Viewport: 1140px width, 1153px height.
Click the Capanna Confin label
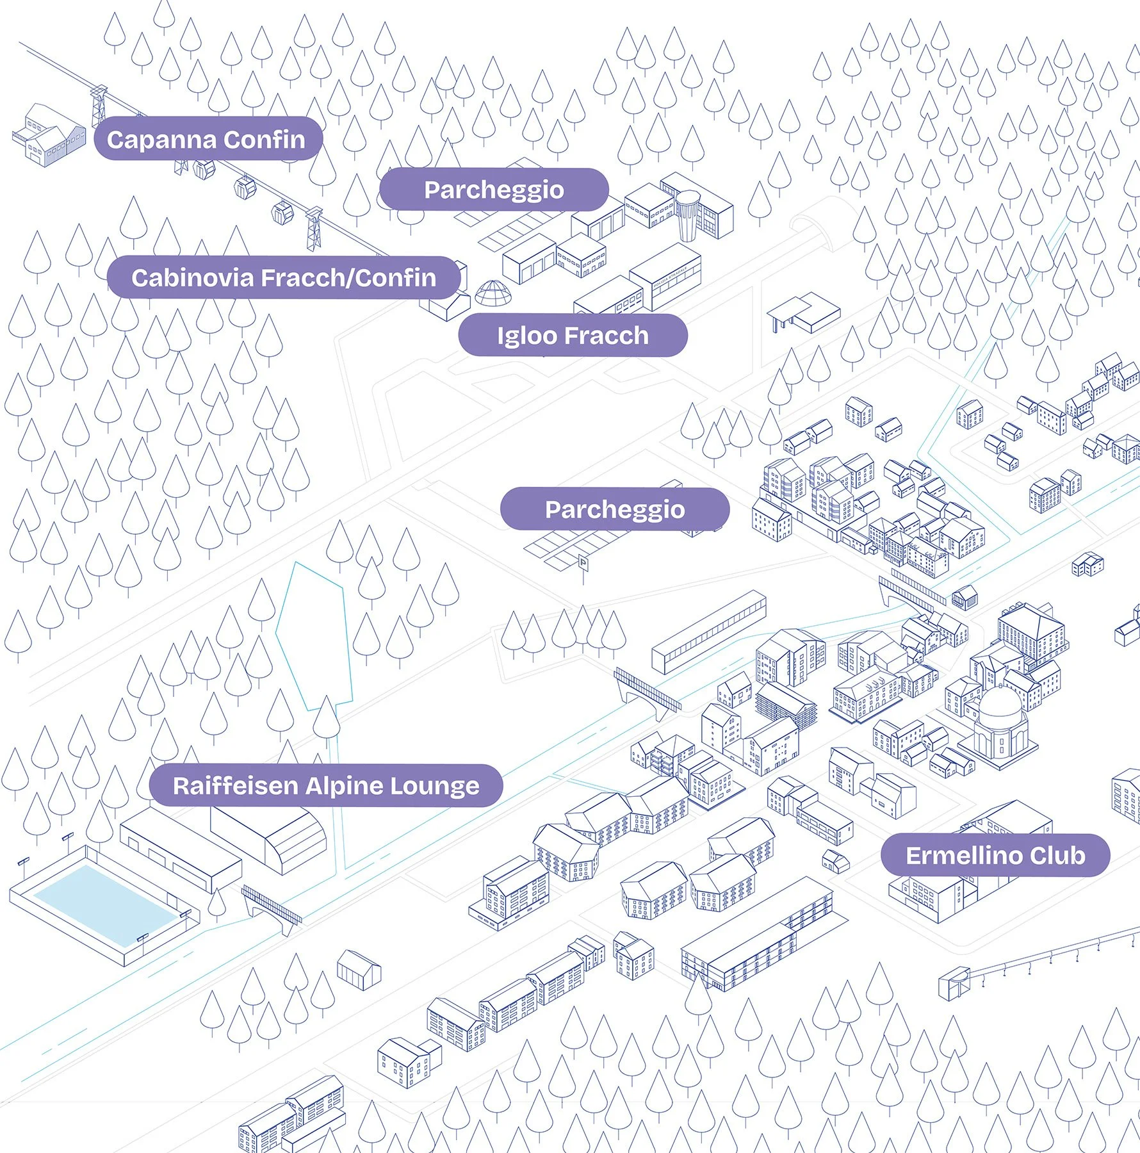coord(206,139)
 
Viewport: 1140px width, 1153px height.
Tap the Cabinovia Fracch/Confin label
coord(284,277)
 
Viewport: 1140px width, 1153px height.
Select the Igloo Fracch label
coord(573,335)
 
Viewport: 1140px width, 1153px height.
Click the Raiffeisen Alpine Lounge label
coord(326,785)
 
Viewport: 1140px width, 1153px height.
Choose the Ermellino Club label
coord(995,855)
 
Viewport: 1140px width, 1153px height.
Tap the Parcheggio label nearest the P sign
coord(615,509)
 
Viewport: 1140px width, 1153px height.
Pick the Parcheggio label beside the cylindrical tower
coord(494,190)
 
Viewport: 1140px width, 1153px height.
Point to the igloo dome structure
coord(493,293)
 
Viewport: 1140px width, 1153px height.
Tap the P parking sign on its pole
coord(583,564)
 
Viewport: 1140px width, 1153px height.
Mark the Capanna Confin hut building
coord(48,136)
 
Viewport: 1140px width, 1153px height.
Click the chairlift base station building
coord(954,983)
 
